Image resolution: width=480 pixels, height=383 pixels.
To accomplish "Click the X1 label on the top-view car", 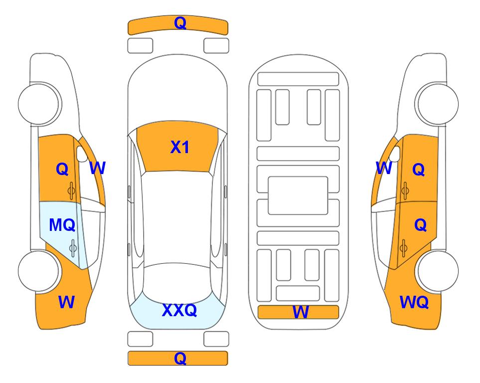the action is pos(180,147).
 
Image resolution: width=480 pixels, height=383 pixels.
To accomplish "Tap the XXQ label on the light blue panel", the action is pos(179,310).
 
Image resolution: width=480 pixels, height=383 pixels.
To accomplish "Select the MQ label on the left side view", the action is pos(62,225).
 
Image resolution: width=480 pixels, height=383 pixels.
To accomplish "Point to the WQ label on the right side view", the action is pos(414,302).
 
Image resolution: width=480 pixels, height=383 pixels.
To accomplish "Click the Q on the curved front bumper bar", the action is pos(180,23).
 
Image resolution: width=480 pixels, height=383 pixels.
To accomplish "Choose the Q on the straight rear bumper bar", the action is pos(180,358).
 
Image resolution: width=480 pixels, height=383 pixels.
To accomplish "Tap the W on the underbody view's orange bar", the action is pos(300,312).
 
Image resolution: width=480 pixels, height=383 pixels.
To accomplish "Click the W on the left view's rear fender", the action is pos(66,302).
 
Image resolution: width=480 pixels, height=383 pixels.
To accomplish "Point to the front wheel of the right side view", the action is pos(437,104).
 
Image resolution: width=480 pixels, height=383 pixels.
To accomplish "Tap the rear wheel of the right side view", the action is pos(437,271).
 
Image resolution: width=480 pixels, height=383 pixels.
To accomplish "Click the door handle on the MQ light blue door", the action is pos(73,248).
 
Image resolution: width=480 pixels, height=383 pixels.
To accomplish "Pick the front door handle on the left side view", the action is pos(72,191).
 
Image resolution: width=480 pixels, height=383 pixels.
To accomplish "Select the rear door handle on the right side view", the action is pos(404,248).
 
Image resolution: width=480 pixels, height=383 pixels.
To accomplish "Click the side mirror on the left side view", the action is pos(82,154).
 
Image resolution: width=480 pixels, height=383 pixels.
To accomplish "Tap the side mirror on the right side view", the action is pos(395,154).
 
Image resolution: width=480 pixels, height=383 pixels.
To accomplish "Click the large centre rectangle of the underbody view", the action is pos(298,195).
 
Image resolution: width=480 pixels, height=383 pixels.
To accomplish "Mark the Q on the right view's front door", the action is pos(419,169).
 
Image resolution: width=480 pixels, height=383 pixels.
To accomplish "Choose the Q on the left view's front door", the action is pos(62,169).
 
